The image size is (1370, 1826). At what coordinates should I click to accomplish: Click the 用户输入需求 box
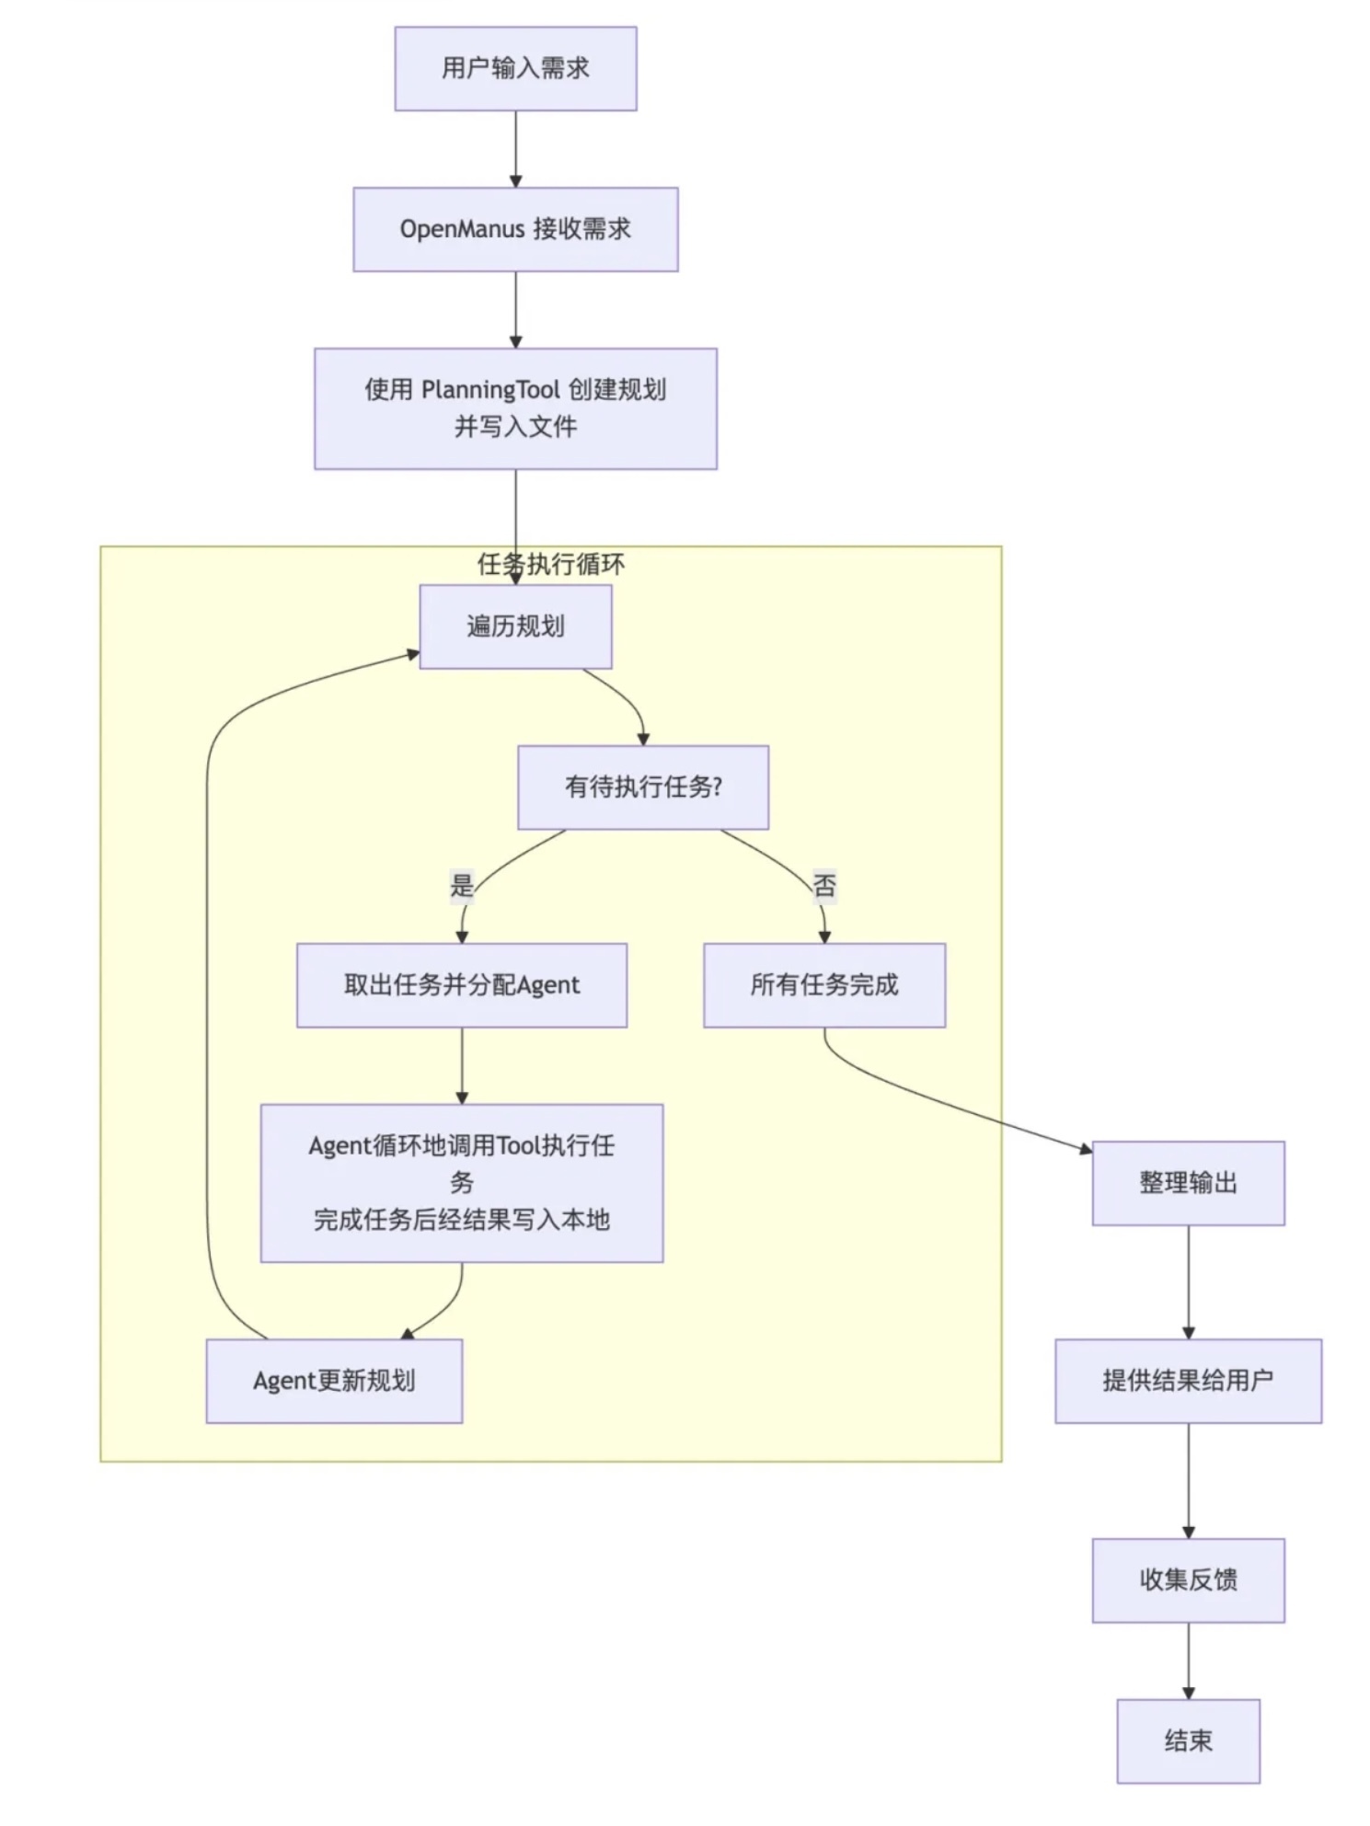tap(515, 68)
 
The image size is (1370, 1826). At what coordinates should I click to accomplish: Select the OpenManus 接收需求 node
tap(515, 229)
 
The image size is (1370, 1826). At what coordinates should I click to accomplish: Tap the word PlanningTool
tap(490, 390)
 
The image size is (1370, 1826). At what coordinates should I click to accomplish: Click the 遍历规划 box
tap(515, 626)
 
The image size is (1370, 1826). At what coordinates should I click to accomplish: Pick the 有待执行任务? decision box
tap(643, 787)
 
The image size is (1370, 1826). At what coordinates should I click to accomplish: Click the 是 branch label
tap(461, 886)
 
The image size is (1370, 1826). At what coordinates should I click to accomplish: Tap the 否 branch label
tap(824, 886)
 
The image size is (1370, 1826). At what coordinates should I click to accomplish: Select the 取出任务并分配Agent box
tap(462, 985)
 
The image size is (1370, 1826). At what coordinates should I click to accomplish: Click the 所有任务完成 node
tap(824, 985)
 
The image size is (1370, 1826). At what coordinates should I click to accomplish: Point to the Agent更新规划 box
tap(334, 1381)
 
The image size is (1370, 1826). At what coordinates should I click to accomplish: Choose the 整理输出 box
tap(1188, 1183)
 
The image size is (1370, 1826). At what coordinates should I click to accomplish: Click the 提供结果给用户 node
tap(1188, 1381)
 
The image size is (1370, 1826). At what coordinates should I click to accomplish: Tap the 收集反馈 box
tap(1188, 1580)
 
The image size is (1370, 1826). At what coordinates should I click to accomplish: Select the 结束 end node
tap(1188, 1741)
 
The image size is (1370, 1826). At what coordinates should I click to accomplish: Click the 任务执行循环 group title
tap(551, 564)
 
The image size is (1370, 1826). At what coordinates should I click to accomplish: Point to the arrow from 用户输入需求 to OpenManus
tap(515, 149)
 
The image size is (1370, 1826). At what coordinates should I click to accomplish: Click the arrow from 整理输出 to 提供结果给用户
tap(1188, 1282)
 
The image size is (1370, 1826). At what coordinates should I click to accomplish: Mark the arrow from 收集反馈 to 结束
tap(1188, 1661)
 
